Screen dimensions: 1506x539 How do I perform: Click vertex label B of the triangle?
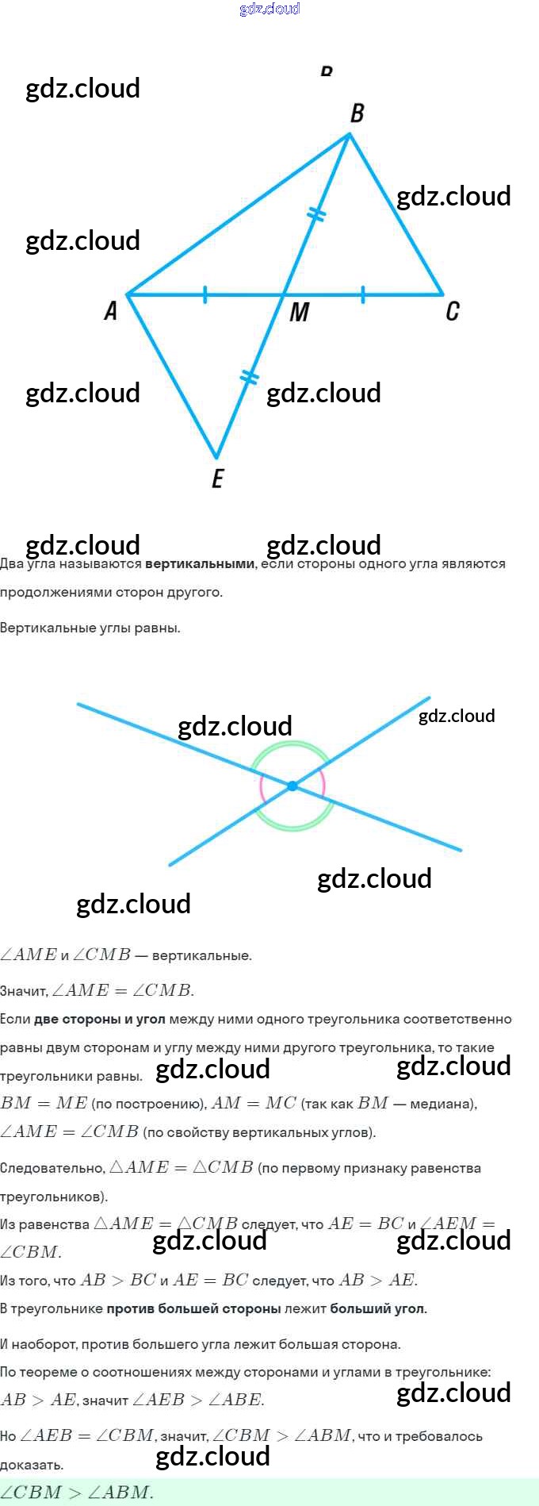click(x=357, y=113)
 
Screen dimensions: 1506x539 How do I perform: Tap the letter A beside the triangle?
click(x=111, y=310)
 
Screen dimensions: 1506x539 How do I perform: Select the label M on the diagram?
click(x=299, y=312)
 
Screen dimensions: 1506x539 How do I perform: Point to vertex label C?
click(x=452, y=310)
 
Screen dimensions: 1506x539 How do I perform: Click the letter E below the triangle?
click(x=217, y=478)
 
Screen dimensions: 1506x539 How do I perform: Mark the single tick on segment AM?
click(x=205, y=295)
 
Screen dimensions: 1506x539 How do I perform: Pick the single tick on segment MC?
click(x=363, y=295)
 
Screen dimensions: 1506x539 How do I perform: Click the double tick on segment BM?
click(x=316, y=214)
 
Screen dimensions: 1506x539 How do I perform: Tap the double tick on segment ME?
click(x=249, y=376)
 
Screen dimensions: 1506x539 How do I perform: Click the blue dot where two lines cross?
click(x=292, y=786)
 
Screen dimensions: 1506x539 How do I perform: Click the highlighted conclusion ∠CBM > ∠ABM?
click(x=77, y=1493)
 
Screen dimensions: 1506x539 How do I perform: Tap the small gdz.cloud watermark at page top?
click(x=269, y=9)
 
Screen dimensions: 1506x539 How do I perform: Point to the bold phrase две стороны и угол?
click(x=100, y=1019)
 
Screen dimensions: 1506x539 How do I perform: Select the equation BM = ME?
click(x=44, y=1104)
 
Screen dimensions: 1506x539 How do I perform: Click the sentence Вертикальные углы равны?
click(x=90, y=628)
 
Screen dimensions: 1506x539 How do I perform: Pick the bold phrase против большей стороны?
click(x=194, y=1308)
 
